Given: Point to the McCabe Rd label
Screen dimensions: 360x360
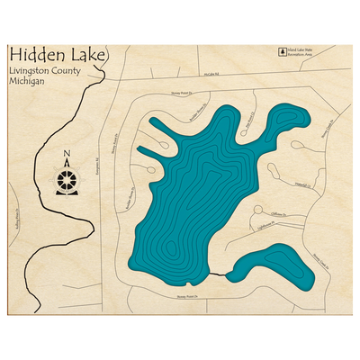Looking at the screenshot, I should [210, 76].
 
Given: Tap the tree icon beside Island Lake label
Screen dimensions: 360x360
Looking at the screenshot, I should [280, 54].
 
